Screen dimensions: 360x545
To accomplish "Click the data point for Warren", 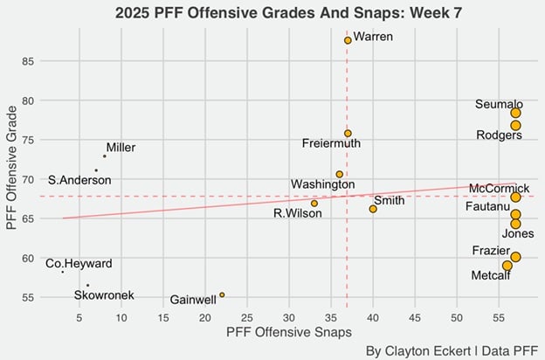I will [x=348, y=40].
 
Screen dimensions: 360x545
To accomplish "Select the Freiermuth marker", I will [x=348, y=134].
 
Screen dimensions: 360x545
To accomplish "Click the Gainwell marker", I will [x=222, y=295].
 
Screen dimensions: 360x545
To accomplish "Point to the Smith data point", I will [x=373, y=209].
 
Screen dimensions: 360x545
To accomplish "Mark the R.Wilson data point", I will [x=314, y=204].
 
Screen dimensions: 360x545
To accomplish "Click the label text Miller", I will [x=121, y=148].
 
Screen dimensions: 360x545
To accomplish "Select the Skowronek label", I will [x=104, y=295].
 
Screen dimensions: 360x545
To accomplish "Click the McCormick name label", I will [x=498, y=188].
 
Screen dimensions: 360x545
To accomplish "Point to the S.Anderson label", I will [x=79, y=180].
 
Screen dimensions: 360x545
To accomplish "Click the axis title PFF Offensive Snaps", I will [x=289, y=333].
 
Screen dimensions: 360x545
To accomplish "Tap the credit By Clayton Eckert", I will [x=419, y=350].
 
